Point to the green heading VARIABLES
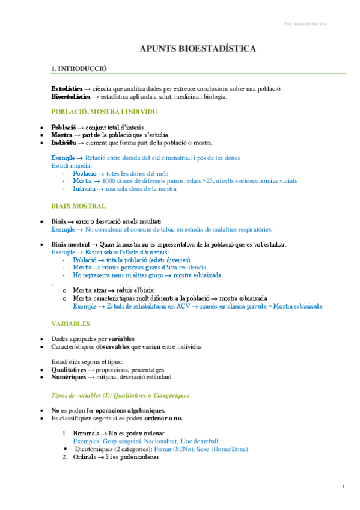point(71,323)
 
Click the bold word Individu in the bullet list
point(63,143)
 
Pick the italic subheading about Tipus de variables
point(120,395)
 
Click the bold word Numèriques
point(69,377)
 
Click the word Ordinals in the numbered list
point(87,456)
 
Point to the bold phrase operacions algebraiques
point(114,410)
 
